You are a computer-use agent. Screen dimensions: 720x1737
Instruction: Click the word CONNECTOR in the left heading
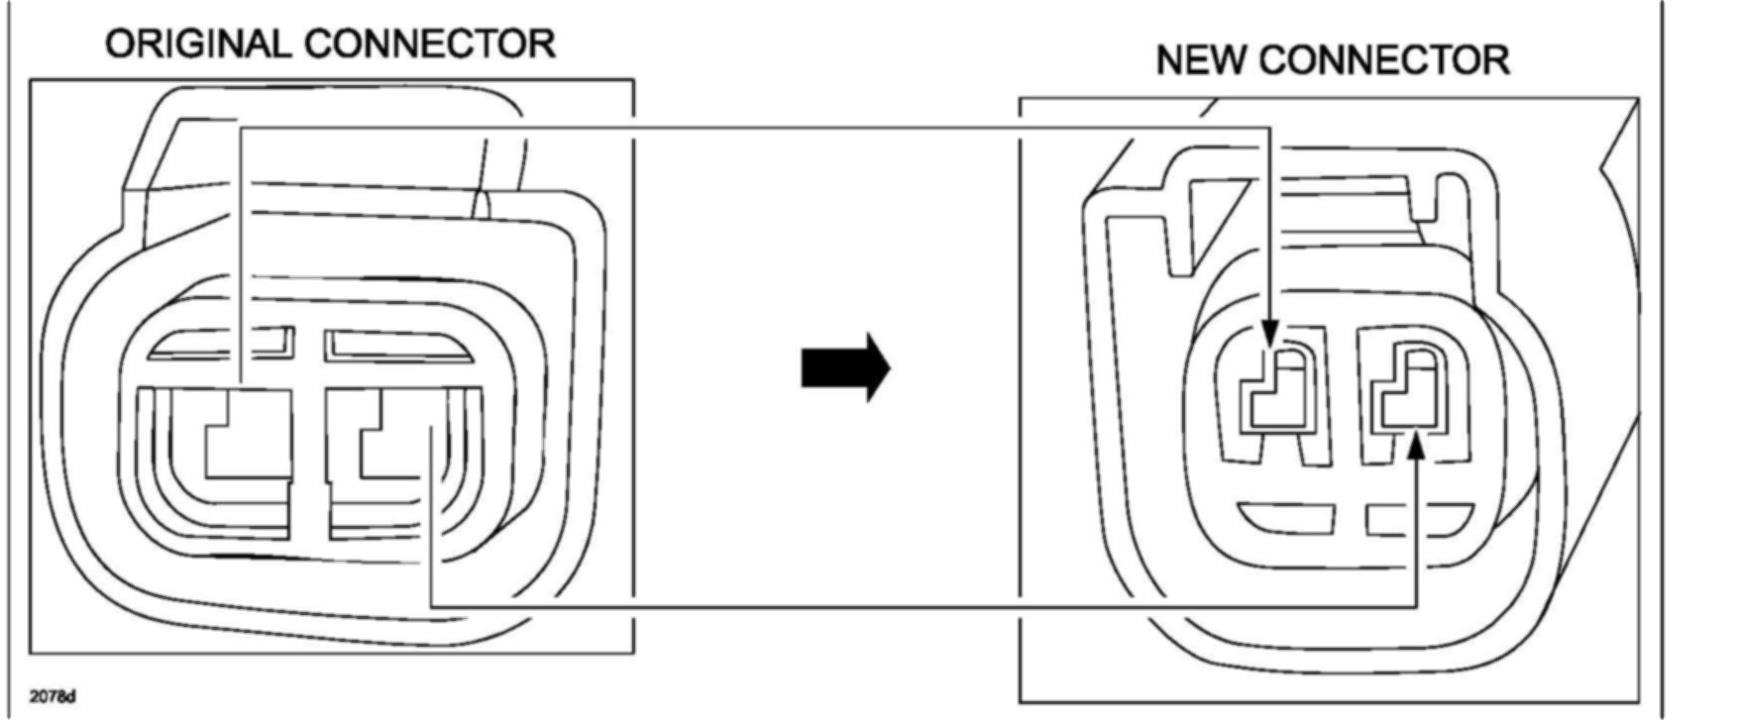[430, 45]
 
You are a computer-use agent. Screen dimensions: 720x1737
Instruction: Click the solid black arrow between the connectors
[845, 367]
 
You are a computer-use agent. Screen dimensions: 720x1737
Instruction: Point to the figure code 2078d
[53, 697]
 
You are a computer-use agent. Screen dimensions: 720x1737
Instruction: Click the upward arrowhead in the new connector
[1417, 448]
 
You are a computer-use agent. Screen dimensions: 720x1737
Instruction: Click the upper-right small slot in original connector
[396, 345]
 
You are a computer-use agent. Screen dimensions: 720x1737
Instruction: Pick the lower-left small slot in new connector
[1286, 518]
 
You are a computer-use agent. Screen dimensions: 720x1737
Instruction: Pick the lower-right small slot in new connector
[1419, 518]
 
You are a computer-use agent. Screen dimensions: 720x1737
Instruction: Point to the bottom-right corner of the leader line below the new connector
[1417, 606]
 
